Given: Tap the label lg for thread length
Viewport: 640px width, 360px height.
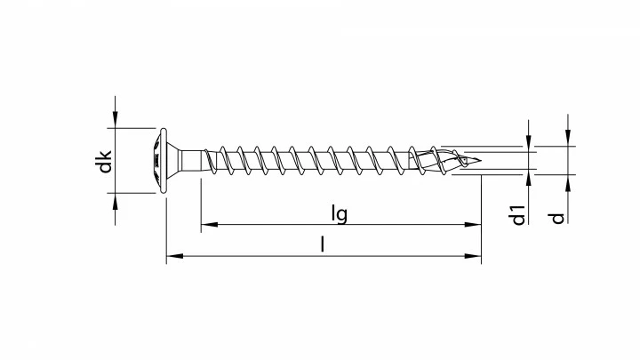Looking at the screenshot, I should tap(339, 213).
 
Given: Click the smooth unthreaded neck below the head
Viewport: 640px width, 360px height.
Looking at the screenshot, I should tap(189, 161).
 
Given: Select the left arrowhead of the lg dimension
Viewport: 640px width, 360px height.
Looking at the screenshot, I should tap(205, 225).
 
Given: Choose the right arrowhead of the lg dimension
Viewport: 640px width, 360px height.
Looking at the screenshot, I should tap(476, 225).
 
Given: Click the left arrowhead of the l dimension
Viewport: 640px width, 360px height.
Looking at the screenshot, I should tap(172, 257).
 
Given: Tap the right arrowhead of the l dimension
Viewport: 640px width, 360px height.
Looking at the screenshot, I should tap(476, 257).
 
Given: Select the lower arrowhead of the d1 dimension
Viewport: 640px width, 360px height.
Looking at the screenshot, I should tap(529, 180).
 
